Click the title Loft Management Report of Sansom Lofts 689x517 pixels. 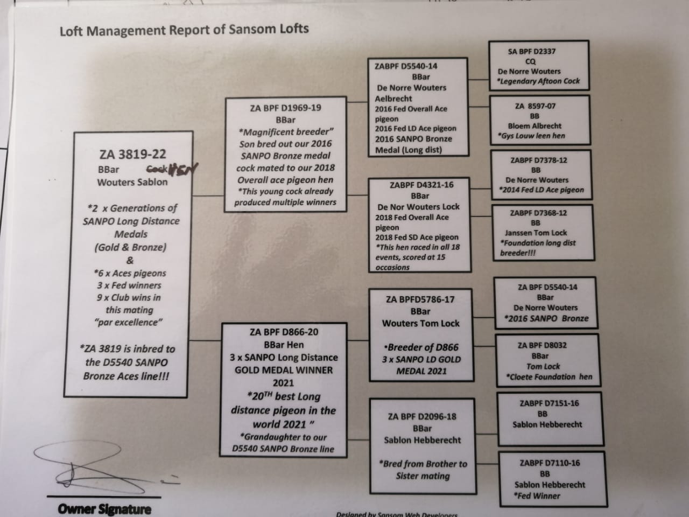184,30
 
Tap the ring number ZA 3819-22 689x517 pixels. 132,155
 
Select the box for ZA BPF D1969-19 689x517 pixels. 285,155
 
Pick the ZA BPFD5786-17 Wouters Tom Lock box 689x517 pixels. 421,334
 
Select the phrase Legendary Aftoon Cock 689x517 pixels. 538,81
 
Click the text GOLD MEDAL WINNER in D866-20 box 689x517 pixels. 283,370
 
